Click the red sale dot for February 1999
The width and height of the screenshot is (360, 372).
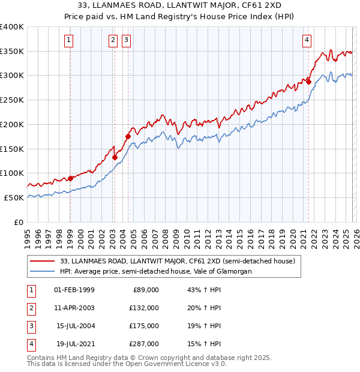[70, 178]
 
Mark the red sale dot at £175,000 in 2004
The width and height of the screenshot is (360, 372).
[128, 137]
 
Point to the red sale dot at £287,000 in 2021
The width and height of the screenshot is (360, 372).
[308, 82]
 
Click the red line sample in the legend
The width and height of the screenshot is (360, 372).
[43, 262]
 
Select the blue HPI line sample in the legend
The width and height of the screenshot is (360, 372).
[43, 272]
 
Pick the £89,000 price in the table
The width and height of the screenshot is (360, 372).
[145, 290]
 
